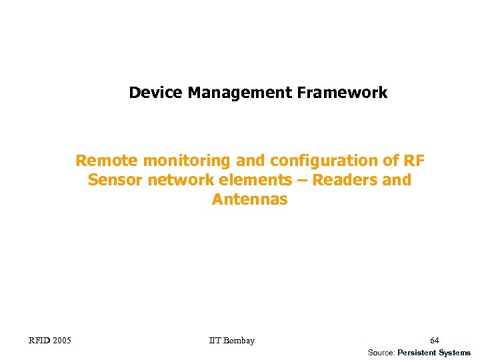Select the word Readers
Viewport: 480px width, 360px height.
344,180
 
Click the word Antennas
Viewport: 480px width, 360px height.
250,199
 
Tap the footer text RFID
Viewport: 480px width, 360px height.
39,341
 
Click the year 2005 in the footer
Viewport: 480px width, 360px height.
62,341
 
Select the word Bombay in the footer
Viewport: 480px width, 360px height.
239,341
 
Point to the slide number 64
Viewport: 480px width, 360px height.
435,341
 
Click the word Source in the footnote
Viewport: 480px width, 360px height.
381,352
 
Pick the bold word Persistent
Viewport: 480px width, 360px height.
418,352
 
